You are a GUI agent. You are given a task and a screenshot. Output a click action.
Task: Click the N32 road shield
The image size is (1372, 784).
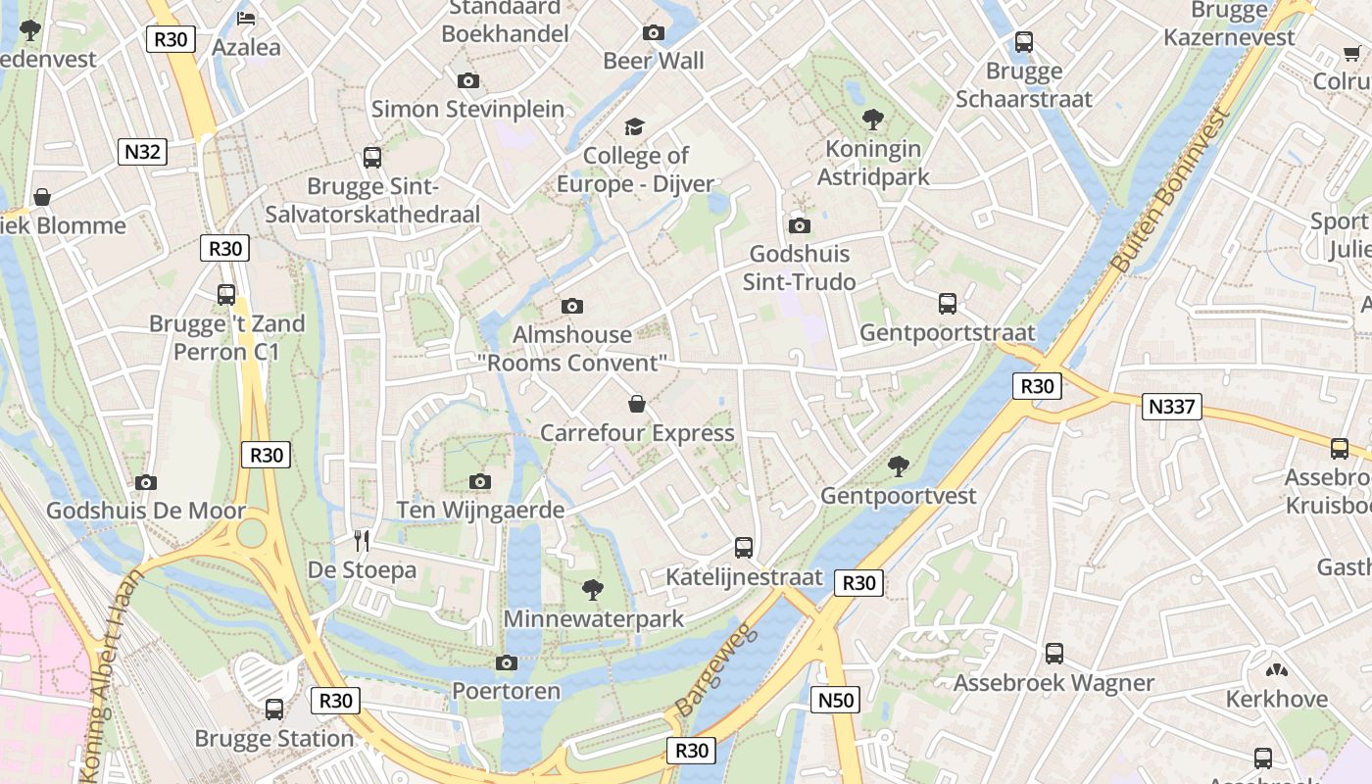[x=142, y=152]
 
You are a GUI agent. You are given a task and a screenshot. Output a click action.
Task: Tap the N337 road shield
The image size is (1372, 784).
[x=1172, y=406]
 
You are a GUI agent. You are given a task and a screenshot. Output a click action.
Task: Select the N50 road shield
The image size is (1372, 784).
[x=836, y=700]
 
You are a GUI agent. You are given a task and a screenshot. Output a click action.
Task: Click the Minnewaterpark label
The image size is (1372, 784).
[x=593, y=619]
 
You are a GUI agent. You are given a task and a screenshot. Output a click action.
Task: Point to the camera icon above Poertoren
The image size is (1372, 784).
[x=507, y=663]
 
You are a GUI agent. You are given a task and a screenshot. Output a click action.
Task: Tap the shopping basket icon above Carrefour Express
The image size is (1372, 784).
[x=637, y=404]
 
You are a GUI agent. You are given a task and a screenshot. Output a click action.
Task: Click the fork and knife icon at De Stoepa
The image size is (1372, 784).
[x=362, y=540]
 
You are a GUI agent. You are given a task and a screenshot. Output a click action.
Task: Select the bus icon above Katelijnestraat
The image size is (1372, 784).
[x=744, y=548]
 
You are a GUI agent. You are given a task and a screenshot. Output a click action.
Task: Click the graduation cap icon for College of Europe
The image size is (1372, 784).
[x=635, y=127]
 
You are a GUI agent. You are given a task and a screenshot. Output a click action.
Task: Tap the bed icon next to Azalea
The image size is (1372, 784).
[x=246, y=19]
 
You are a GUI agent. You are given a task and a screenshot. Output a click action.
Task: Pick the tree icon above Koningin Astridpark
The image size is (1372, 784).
[x=872, y=121]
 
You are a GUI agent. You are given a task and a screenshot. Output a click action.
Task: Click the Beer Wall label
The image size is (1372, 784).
[x=654, y=61]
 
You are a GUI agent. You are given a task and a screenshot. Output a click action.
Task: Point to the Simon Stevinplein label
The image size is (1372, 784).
[x=467, y=109]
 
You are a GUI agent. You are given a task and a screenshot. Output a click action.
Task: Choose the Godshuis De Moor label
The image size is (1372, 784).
[x=146, y=511]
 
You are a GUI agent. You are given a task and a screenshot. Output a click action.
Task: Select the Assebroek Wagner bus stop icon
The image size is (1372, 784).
[x=1054, y=654]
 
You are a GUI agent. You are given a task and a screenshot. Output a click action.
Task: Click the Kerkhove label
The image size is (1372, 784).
[x=1277, y=699]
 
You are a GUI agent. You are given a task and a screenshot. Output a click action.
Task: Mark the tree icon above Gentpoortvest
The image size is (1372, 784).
[x=898, y=466]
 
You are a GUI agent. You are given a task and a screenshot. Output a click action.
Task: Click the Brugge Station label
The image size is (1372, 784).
[x=274, y=738]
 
